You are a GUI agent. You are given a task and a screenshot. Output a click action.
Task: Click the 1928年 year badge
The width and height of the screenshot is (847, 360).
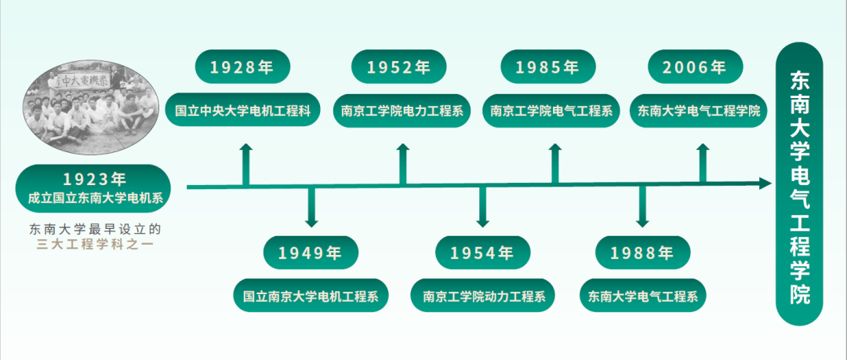click(242, 67)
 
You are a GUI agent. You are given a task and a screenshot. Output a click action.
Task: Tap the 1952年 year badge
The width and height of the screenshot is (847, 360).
click(399, 67)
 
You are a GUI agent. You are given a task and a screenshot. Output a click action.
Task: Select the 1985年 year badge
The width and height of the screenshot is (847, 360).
click(547, 67)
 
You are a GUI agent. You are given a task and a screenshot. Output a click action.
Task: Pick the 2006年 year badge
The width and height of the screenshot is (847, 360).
click(695, 67)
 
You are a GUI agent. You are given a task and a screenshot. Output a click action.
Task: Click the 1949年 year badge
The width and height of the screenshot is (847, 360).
click(311, 253)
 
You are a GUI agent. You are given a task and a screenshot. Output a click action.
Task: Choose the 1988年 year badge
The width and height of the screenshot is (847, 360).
click(642, 253)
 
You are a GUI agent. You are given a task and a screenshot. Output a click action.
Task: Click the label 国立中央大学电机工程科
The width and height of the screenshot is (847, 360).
click(243, 111)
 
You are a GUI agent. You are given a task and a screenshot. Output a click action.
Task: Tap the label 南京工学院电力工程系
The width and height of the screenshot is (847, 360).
click(402, 111)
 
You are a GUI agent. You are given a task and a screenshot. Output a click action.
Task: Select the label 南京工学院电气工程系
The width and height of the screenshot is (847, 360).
click(551, 111)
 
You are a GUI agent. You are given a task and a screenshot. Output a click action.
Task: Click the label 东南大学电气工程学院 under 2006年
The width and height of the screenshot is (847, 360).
click(699, 111)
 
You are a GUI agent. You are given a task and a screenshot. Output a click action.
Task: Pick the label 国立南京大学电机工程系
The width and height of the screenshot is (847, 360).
click(311, 296)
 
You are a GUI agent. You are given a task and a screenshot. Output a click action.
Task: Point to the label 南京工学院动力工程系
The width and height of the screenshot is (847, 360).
click(483, 296)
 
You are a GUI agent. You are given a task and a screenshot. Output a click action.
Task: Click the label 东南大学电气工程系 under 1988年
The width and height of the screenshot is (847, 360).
click(643, 296)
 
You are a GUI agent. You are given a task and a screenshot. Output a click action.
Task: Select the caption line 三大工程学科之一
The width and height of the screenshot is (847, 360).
click(94, 245)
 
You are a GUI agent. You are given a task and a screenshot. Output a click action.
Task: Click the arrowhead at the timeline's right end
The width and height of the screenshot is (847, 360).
click(765, 184)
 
